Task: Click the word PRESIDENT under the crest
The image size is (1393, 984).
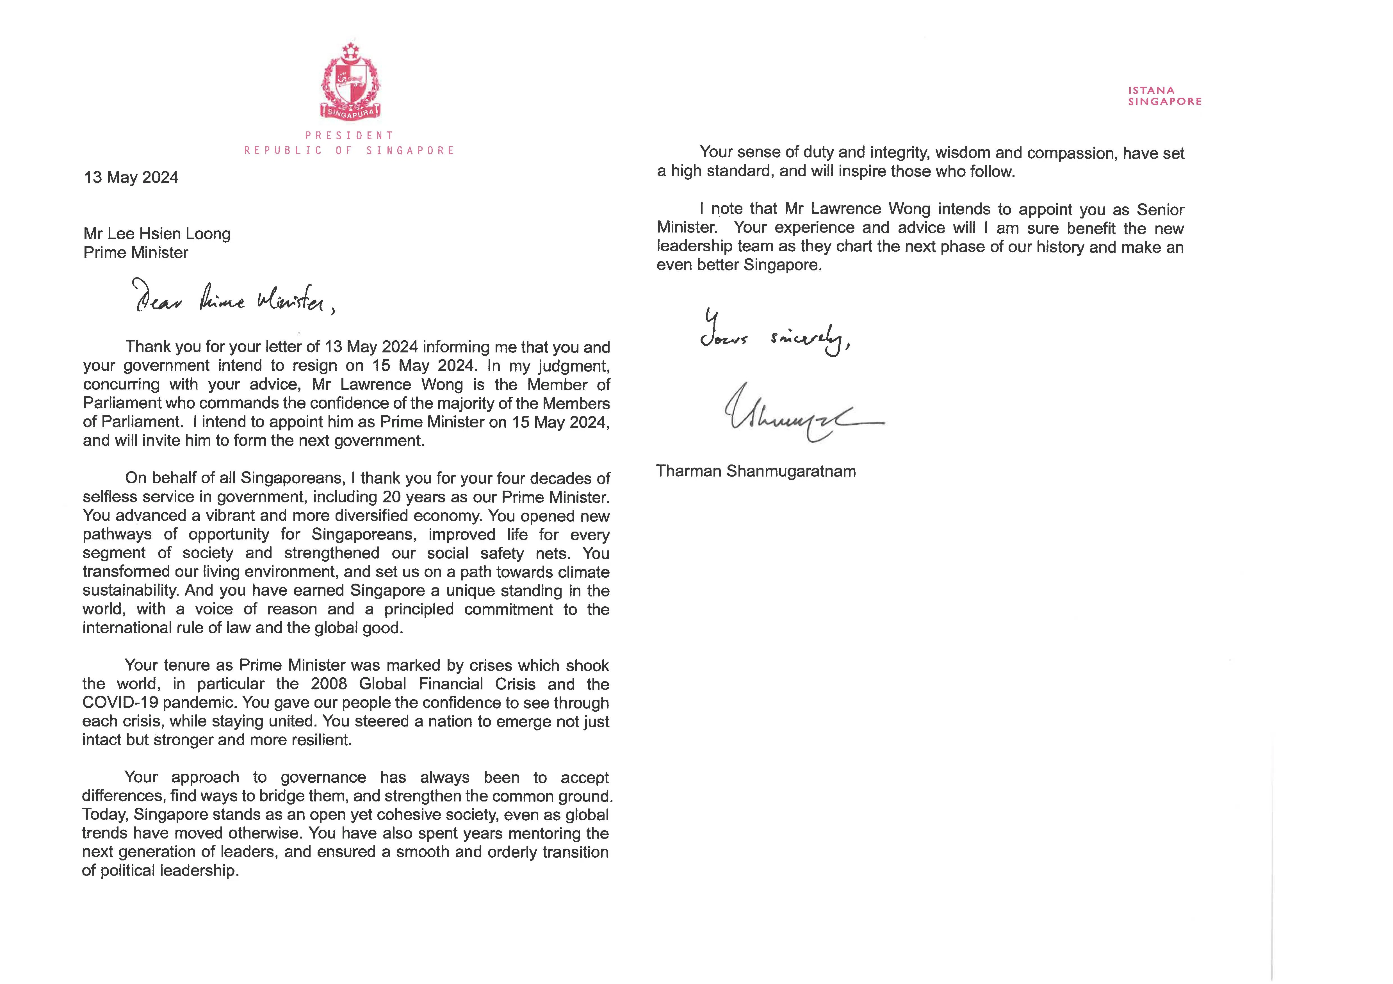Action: tap(350, 135)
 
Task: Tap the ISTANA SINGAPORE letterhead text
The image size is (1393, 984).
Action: tap(1164, 96)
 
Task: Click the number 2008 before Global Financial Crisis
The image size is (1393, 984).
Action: tap(329, 684)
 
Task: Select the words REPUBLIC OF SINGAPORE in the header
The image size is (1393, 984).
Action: tap(350, 151)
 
